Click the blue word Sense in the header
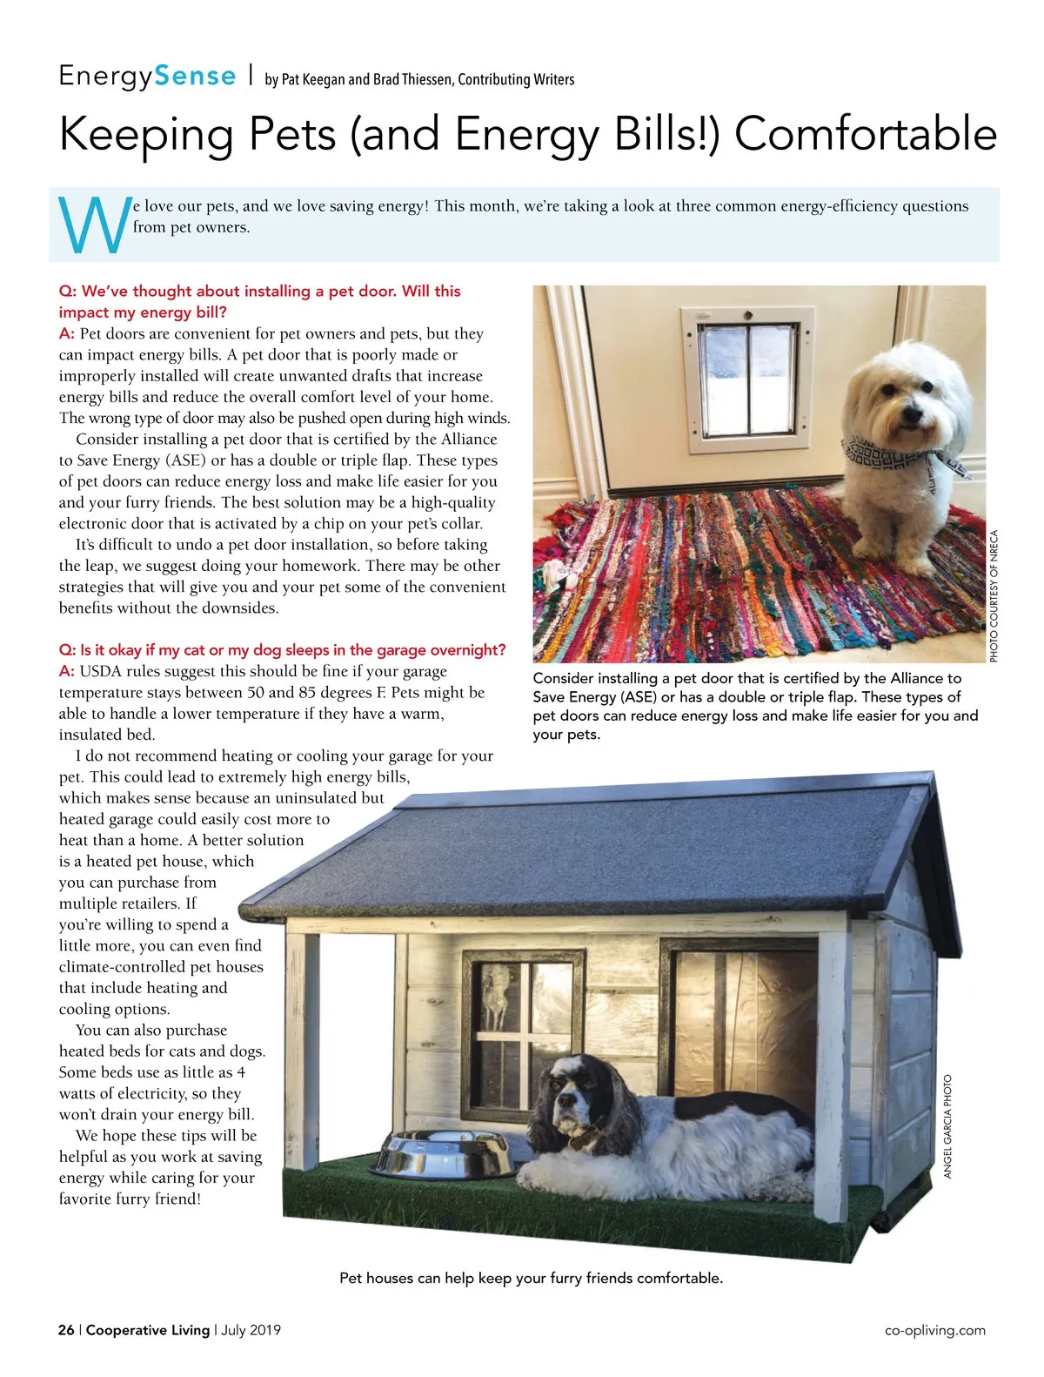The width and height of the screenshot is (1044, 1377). point(196,77)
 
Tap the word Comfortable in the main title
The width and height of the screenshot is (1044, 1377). point(866,134)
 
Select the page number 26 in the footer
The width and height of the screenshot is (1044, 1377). point(66,1330)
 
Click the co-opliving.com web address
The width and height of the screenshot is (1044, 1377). point(934,1330)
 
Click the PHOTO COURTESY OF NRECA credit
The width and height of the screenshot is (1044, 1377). point(994,596)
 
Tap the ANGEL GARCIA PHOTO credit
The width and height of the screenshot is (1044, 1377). point(948,1126)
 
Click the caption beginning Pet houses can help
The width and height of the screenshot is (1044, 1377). point(531,1278)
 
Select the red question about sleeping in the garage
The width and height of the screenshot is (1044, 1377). point(282,650)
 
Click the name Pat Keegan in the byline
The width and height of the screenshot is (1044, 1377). point(314,79)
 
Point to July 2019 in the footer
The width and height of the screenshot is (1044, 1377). point(251,1330)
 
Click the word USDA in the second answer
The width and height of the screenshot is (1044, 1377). point(102,672)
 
